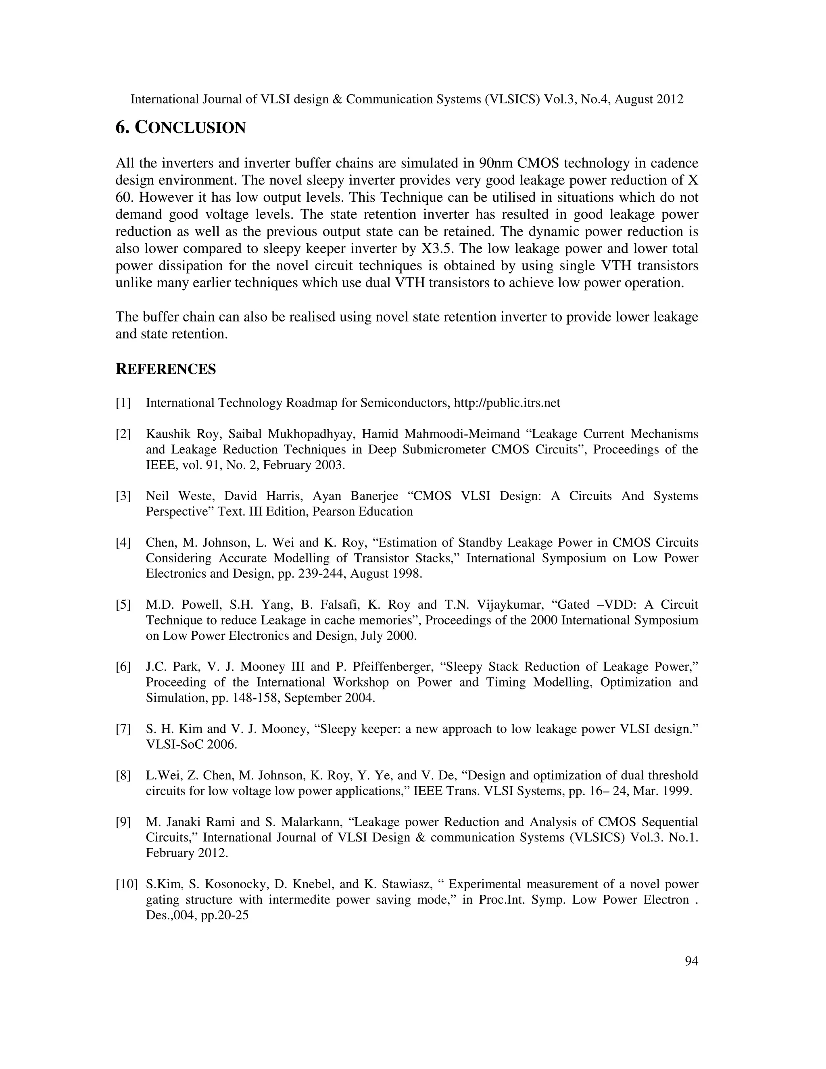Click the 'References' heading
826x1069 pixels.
165,369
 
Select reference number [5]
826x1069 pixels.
123,605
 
